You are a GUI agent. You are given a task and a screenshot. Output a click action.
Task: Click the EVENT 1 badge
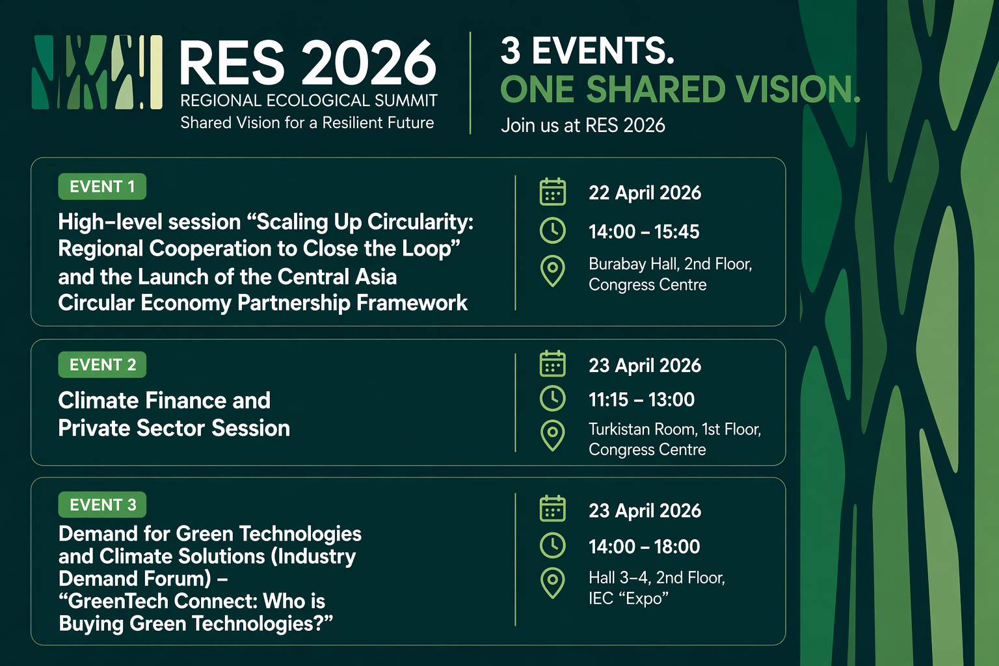(102, 187)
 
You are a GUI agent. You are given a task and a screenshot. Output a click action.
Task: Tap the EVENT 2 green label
(102, 365)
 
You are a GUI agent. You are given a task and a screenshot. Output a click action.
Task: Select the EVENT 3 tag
(102, 505)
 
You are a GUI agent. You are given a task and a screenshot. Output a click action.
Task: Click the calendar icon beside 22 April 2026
(553, 193)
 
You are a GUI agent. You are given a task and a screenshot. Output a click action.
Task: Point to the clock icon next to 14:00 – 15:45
(553, 231)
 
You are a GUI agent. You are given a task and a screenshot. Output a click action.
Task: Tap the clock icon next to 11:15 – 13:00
(553, 398)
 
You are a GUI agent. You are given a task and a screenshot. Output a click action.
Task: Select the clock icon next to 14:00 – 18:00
(553, 545)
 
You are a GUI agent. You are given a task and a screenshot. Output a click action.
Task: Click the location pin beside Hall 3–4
(553, 583)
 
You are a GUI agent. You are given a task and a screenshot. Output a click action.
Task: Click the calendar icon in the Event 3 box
(553, 509)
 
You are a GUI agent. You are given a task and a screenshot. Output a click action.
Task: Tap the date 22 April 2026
(645, 193)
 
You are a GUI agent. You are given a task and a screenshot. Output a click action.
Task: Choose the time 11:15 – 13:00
(641, 399)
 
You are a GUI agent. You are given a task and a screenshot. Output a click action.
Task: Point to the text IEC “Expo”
(628, 598)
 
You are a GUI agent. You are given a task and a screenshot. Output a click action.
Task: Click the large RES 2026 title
(308, 62)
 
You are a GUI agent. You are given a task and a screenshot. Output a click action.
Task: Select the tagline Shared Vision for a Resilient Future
(307, 123)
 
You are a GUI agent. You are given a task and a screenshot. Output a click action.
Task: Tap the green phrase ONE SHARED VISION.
(680, 89)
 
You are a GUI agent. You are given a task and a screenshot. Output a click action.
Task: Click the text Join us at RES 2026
(583, 126)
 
